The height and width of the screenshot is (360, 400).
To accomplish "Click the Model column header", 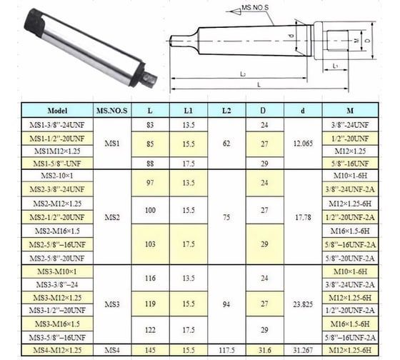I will click(x=56, y=111).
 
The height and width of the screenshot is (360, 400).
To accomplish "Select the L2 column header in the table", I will click(x=226, y=111).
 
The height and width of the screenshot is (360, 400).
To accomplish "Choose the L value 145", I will click(x=149, y=349).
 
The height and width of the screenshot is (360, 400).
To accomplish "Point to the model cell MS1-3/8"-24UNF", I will click(x=56, y=124).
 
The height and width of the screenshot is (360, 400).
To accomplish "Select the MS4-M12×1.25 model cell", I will click(x=56, y=349).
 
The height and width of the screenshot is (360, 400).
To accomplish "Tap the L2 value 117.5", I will click(x=226, y=349).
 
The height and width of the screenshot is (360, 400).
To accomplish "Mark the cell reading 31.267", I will click(x=304, y=349).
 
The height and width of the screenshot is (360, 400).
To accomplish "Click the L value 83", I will click(x=149, y=124).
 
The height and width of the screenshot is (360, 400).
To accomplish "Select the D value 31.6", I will click(x=266, y=349).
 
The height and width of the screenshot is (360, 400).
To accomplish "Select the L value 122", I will click(x=149, y=330).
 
